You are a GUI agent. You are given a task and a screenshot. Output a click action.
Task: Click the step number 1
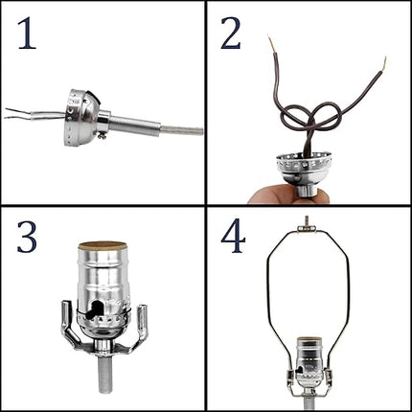pyautogui.click(x=27, y=34)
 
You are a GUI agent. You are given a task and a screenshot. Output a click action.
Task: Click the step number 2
pyautogui.click(x=231, y=34)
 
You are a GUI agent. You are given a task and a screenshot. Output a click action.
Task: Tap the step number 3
pyautogui.click(x=27, y=237)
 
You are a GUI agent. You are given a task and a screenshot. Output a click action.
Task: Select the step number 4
pyautogui.click(x=233, y=237)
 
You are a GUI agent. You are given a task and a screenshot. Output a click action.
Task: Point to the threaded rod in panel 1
pyautogui.click(x=134, y=123)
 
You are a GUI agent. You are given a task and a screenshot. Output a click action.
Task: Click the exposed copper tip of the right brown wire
pyautogui.click(x=384, y=63)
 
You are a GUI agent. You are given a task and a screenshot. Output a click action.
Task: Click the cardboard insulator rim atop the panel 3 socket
pyautogui.click(x=103, y=245)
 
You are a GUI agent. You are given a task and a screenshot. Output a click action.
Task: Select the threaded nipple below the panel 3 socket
pyautogui.click(x=104, y=372)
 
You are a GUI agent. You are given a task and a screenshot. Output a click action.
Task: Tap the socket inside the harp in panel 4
pyautogui.click(x=309, y=362)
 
